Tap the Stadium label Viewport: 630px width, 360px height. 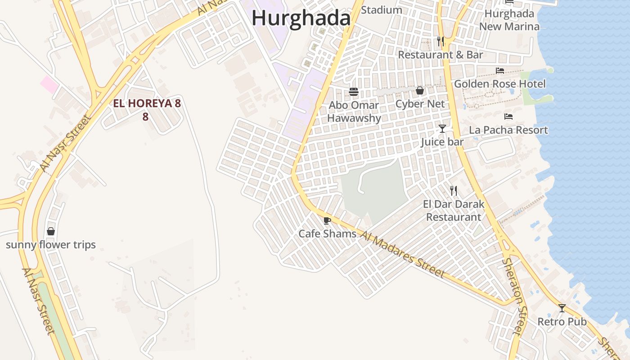(382, 10)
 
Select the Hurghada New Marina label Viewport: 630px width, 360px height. (509, 20)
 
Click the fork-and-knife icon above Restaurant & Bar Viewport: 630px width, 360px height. (441, 41)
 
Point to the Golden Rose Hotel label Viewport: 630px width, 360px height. (499, 84)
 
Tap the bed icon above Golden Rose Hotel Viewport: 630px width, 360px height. (499, 71)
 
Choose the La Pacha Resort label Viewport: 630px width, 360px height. (508, 130)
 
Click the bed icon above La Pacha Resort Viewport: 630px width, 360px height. (508, 117)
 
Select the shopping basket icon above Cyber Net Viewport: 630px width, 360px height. (420, 90)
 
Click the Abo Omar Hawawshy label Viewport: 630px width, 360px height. (354, 112)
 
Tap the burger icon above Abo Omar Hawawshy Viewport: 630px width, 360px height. (354, 92)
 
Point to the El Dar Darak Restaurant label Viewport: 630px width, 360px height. (454, 211)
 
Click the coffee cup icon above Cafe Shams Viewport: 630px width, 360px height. (327, 220)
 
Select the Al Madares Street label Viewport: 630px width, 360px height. (403, 254)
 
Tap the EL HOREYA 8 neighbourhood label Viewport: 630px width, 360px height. (146, 104)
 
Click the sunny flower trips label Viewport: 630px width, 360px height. (51, 245)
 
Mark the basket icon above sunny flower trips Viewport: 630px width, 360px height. (51, 231)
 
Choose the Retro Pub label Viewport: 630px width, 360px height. (562, 322)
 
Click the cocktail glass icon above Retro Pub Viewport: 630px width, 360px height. (562, 308)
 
